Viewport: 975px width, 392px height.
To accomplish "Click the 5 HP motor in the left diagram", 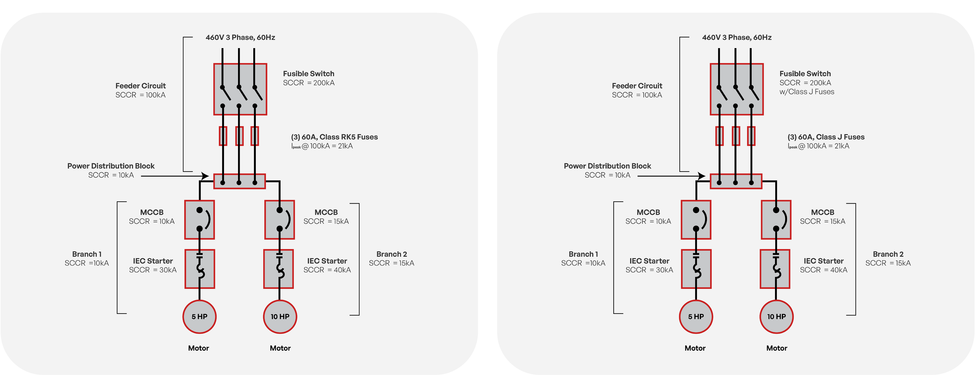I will pyautogui.click(x=200, y=317).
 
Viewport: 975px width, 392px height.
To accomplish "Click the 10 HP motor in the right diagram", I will pyautogui.click(x=776, y=317).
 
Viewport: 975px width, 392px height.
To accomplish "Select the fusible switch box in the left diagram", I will pyautogui.click(x=240, y=89).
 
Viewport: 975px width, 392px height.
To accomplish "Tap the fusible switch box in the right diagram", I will pyautogui.click(x=737, y=89).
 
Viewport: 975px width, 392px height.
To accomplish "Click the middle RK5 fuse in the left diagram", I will pyautogui.click(x=239, y=136).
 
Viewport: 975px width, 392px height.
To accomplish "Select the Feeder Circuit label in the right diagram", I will pyautogui.click(x=637, y=90).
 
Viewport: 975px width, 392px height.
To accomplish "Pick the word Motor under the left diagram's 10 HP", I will pyautogui.click(x=280, y=348).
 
